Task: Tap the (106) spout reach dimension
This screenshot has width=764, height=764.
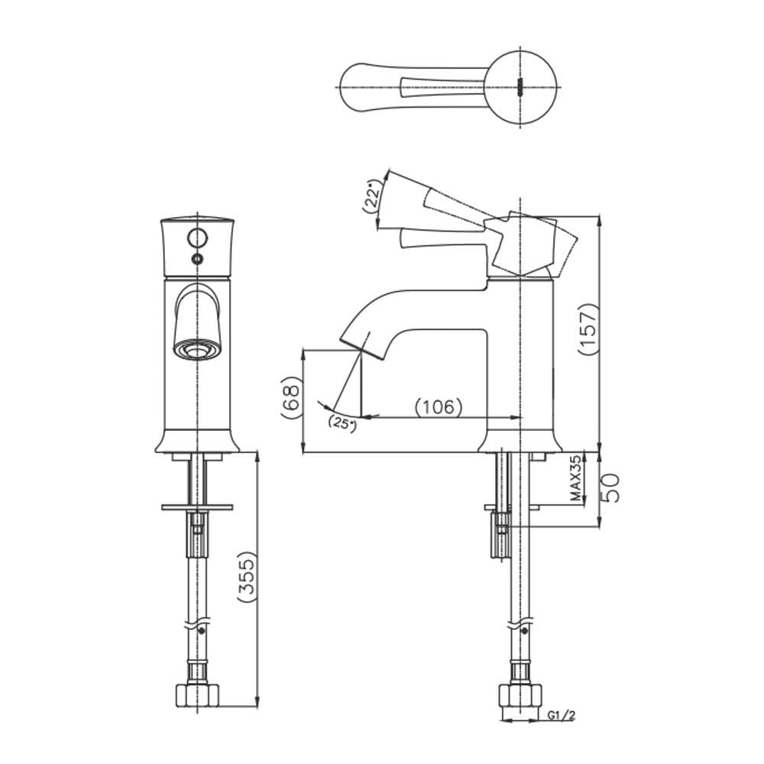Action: pos(438,407)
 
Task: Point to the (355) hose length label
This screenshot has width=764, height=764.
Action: pos(247,577)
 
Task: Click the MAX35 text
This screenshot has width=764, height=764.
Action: pos(576,478)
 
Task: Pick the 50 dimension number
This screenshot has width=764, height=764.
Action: pos(610,488)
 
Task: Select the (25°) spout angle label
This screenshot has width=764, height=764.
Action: pos(342,423)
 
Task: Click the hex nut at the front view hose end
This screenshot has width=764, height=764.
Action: pos(197,696)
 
